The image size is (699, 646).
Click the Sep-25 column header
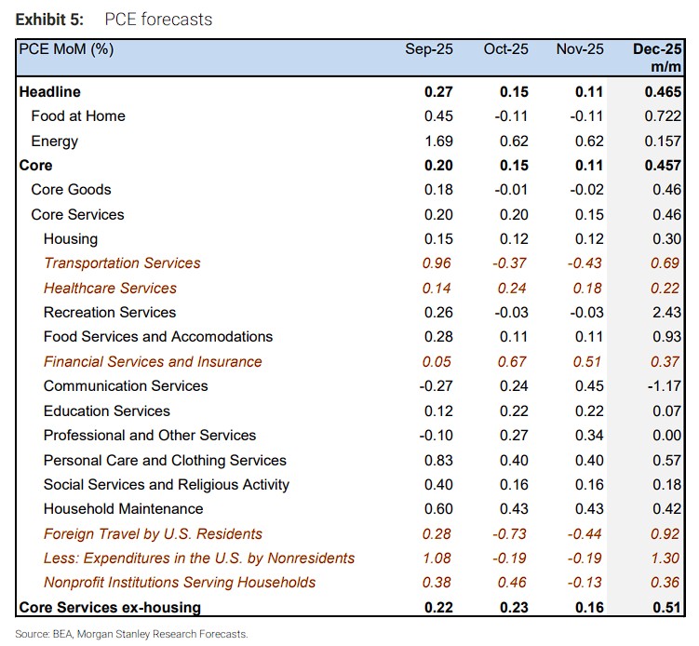(429, 49)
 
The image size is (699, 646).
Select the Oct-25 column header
(506, 49)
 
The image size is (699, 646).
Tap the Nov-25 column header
(579, 49)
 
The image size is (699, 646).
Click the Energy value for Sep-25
(438, 141)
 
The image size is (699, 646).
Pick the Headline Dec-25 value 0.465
(662, 92)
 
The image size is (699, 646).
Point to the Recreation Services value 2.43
(667, 313)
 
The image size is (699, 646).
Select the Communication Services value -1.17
(665, 386)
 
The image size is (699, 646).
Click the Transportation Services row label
(122, 263)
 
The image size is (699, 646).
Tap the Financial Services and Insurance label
(153, 362)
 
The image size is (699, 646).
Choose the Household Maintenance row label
(123, 509)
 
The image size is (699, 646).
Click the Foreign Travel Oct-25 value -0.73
(511, 534)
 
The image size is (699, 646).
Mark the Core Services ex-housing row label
(110, 608)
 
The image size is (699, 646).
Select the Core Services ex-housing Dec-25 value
(666, 608)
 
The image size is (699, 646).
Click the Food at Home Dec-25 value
(664, 116)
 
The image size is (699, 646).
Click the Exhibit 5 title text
(114, 18)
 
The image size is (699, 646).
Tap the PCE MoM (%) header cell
(66, 49)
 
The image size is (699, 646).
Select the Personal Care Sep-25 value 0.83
(438, 461)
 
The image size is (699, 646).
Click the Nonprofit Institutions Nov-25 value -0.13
(585, 583)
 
